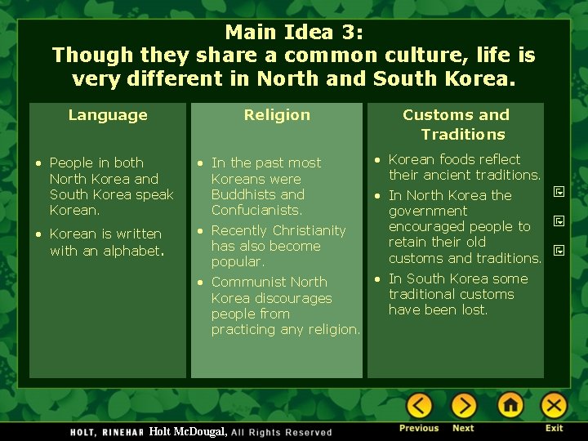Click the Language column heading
108,115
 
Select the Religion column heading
277,115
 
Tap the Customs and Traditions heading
456,124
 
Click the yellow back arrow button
419,406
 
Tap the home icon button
510,406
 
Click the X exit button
554,406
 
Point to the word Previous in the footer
419,428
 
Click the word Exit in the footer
555,428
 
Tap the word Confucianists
257,210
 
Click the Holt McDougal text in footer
188,430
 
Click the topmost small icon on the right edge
559,192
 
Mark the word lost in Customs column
474,310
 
